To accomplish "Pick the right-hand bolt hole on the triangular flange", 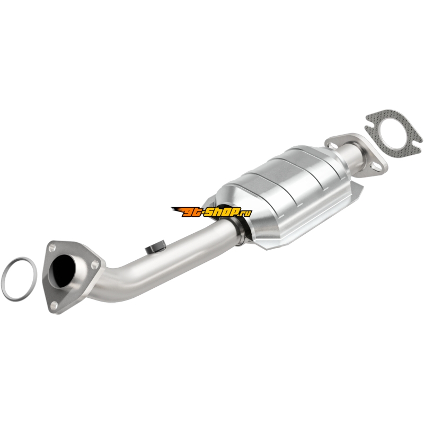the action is pyautogui.click(x=94, y=264).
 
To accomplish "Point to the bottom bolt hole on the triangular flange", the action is pyautogui.click(x=54, y=306).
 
